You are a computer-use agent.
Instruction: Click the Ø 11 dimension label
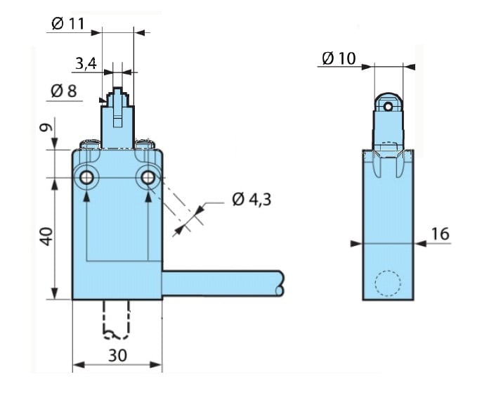coord(68,23)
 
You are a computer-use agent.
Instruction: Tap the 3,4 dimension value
coord(86,63)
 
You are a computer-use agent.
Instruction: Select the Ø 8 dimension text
coord(63,91)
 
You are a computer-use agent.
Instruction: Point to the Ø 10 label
coord(339,58)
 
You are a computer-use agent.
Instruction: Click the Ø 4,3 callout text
coord(252,199)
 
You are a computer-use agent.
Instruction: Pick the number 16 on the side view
coord(440,233)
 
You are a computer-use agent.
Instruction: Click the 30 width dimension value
coord(117,355)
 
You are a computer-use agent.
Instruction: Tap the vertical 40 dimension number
coord(47,236)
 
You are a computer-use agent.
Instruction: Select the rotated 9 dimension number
coord(46,127)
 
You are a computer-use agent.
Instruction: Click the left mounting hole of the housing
coord(86,178)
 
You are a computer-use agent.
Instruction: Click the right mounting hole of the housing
coord(148,178)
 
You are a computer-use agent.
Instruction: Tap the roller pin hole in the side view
coord(388,107)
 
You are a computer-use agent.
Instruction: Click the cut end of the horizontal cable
coord(280,283)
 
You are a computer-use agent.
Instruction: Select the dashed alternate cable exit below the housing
coord(116,320)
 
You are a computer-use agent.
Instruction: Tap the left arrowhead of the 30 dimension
coord(79,365)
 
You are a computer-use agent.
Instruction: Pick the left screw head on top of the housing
coord(90,144)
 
